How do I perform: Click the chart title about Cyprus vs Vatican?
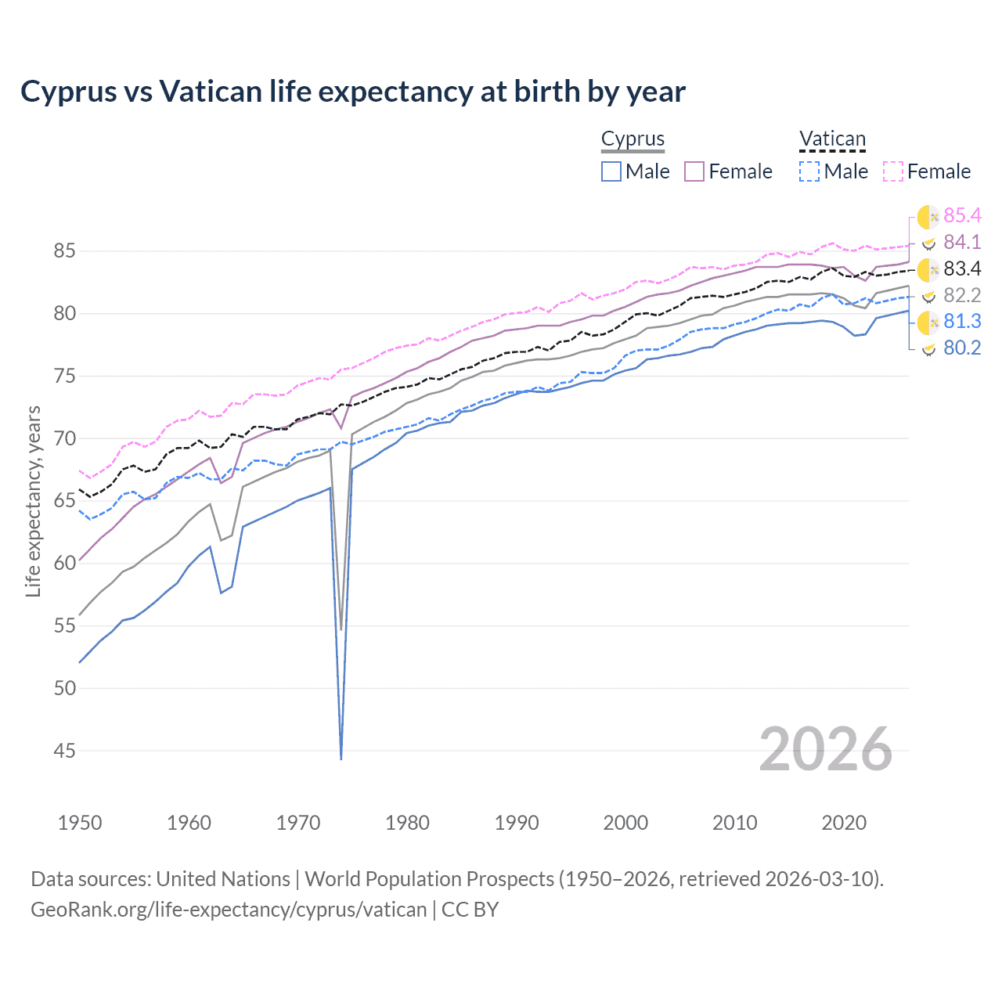click(x=353, y=92)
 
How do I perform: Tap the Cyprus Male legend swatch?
click(x=611, y=171)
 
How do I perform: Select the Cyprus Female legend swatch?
click(x=694, y=171)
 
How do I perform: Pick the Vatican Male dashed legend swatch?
click(x=809, y=171)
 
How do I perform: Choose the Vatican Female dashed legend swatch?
click(x=893, y=171)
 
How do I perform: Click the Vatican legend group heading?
click(x=832, y=139)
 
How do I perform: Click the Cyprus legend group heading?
click(x=633, y=139)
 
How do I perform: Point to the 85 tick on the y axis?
click(x=64, y=251)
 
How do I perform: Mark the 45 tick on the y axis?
click(x=64, y=751)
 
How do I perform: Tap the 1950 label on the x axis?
click(x=80, y=823)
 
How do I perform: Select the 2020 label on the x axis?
click(x=844, y=823)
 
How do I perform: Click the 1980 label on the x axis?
click(x=407, y=823)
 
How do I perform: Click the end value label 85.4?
click(x=962, y=215)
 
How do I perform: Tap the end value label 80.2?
click(x=962, y=348)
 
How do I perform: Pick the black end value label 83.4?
click(x=962, y=269)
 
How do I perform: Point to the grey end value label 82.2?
click(x=962, y=295)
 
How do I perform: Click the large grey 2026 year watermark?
click(x=825, y=749)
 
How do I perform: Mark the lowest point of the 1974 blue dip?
click(x=341, y=759)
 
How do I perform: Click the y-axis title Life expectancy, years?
click(x=33, y=501)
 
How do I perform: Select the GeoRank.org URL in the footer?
click(x=229, y=910)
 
